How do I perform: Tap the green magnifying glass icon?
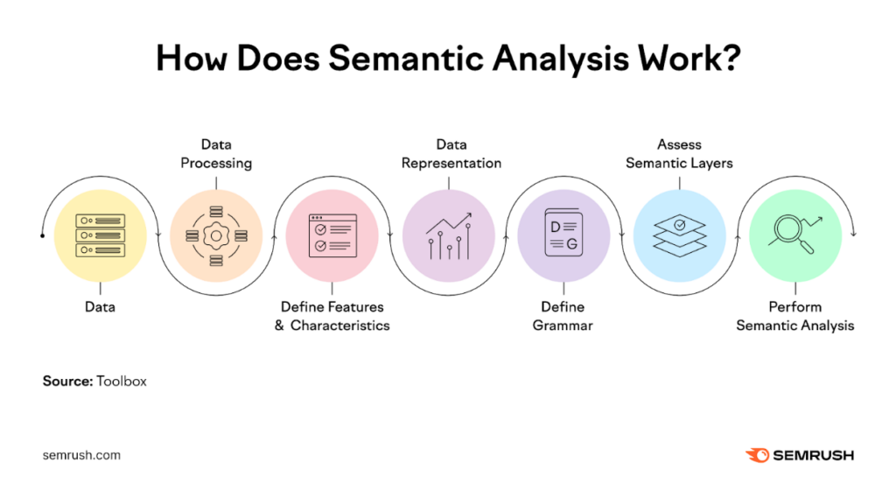794,235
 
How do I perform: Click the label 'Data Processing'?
215,153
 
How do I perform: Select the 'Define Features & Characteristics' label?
332,316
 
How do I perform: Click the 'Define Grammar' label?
563,316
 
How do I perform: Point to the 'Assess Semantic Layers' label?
679,153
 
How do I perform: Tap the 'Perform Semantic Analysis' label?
794,316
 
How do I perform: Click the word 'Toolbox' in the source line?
122,382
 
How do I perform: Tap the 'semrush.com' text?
81,455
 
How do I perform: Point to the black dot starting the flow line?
43,235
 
